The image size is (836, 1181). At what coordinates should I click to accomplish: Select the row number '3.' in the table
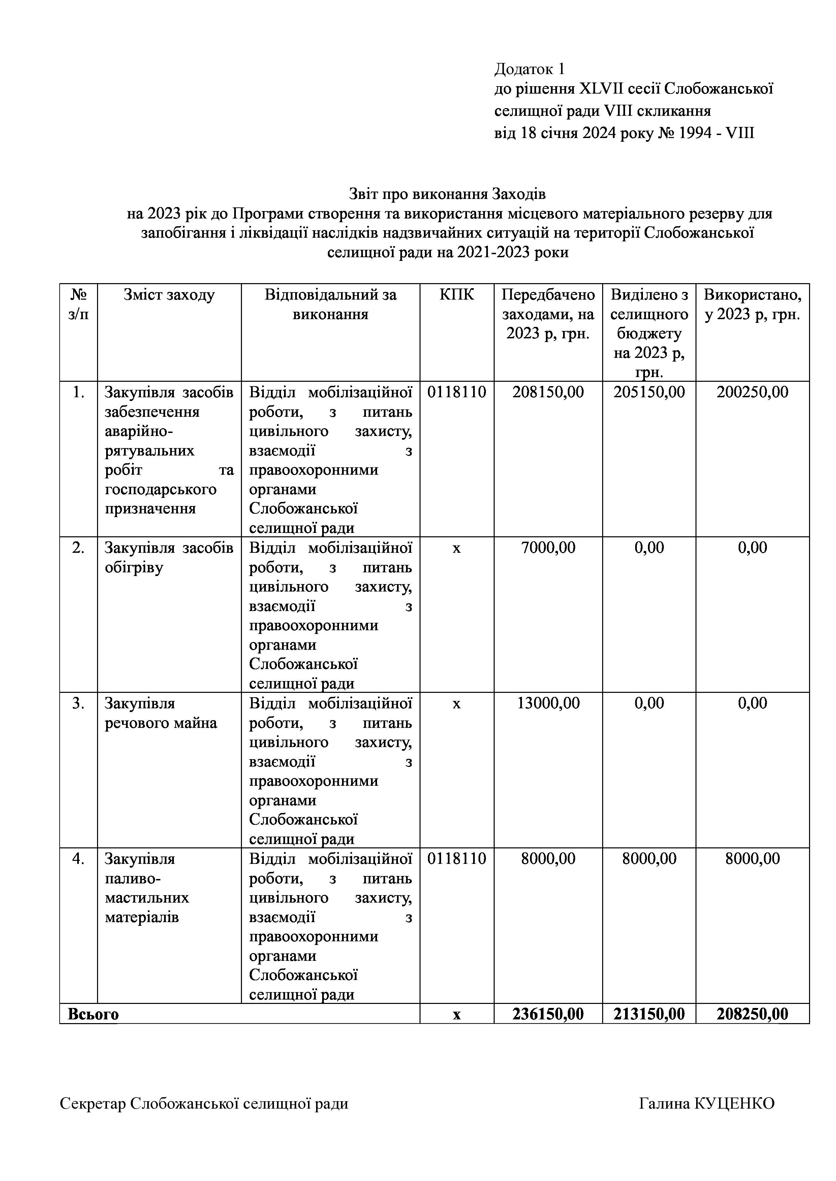[x=78, y=703]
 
